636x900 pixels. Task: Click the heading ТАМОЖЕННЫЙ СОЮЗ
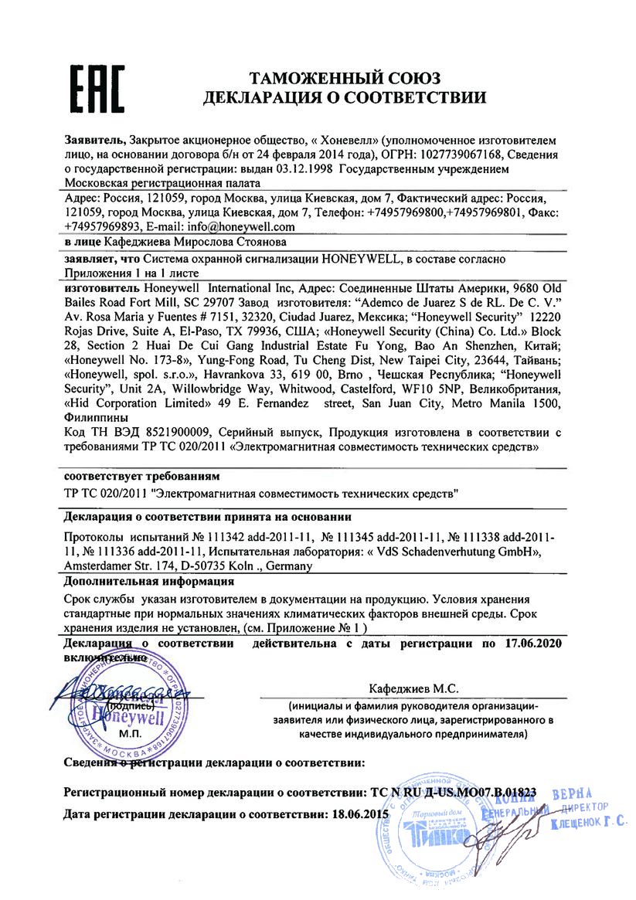pyautogui.click(x=344, y=77)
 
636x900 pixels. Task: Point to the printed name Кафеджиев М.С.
pyautogui.click(x=403, y=688)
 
